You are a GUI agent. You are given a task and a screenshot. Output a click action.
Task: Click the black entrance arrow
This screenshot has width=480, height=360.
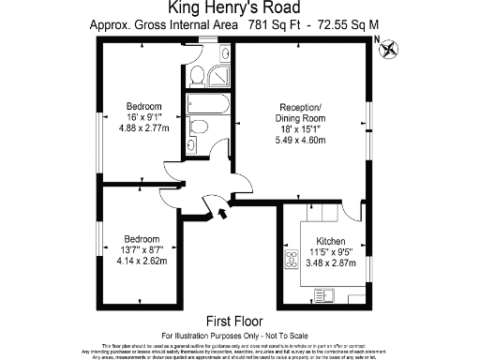point(222,215)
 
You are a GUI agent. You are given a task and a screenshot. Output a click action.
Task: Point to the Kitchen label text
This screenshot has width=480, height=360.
point(330,240)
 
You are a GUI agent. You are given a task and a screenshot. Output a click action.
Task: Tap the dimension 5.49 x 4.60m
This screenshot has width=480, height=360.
point(300,140)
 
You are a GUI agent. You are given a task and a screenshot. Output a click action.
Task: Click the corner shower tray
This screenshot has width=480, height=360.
point(220,75)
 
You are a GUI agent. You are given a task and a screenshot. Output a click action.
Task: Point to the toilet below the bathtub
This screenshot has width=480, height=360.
point(198,127)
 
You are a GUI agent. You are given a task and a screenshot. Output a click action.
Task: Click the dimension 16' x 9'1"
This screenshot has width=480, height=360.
point(143,116)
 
